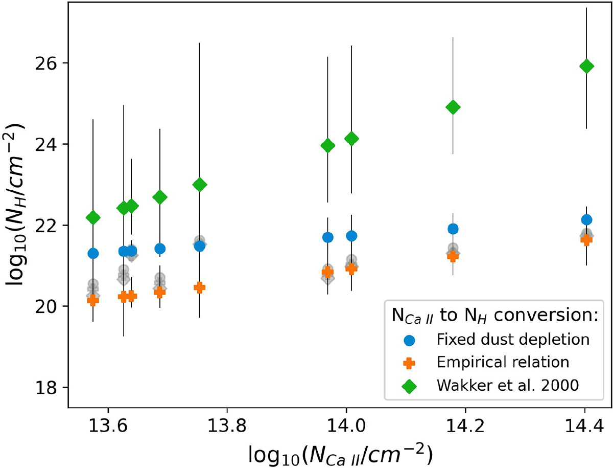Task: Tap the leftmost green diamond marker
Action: point(93,218)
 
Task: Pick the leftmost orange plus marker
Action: point(93,300)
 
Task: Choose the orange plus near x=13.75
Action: point(199,287)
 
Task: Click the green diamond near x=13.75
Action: point(200,185)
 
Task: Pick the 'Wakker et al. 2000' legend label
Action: point(507,387)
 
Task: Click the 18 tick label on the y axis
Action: point(52,388)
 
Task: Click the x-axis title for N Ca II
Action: point(341,452)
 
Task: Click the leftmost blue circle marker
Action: point(93,253)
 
